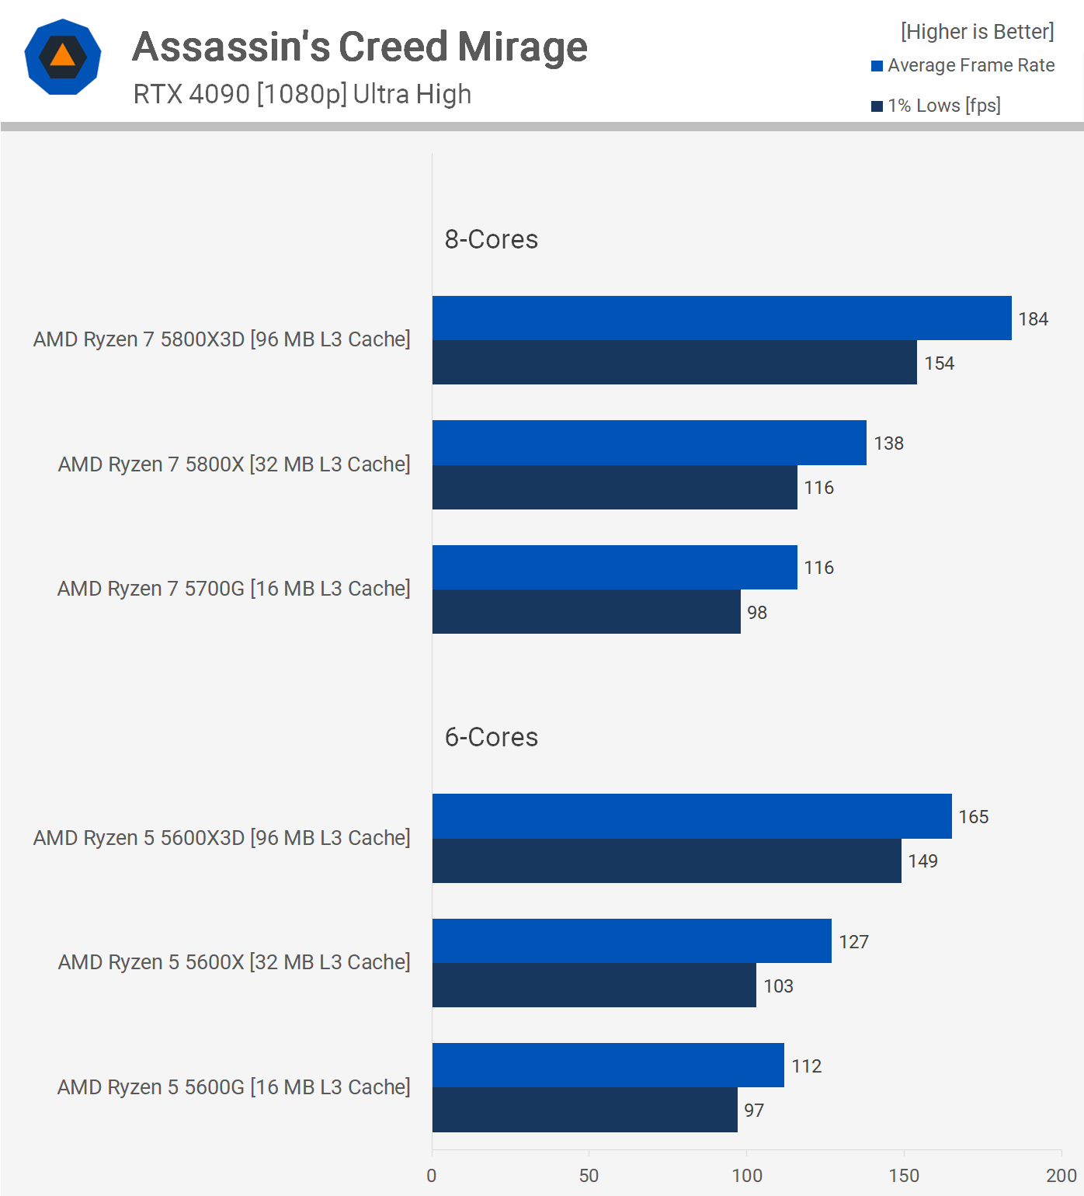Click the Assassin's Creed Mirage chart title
click(x=360, y=47)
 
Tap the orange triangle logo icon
click(x=63, y=57)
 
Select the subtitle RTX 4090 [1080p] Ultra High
click(x=302, y=94)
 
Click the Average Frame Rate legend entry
click(x=963, y=65)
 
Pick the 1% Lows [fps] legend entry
click(x=936, y=106)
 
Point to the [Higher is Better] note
click(x=977, y=32)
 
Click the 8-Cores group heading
click(x=491, y=239)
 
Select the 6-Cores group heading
click(x=491, y=737)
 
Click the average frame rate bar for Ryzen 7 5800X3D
click(x=721, y=318)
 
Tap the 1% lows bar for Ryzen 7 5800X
click(x=614, y=488)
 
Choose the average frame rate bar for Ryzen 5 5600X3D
click(x=691, y=816)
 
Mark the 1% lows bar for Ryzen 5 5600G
click(x=584, y=1110)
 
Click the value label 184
click(x=1033, y=319)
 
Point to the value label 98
click(x=756, y=613)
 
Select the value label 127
click(x=853, y=942)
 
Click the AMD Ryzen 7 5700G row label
click(x=233, y=589)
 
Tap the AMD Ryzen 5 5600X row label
click(x=233, y=962)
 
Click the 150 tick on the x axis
click(x=904, y=1176)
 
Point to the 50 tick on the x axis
click(x=589, y=1176)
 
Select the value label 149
click(x=922, y=861)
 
